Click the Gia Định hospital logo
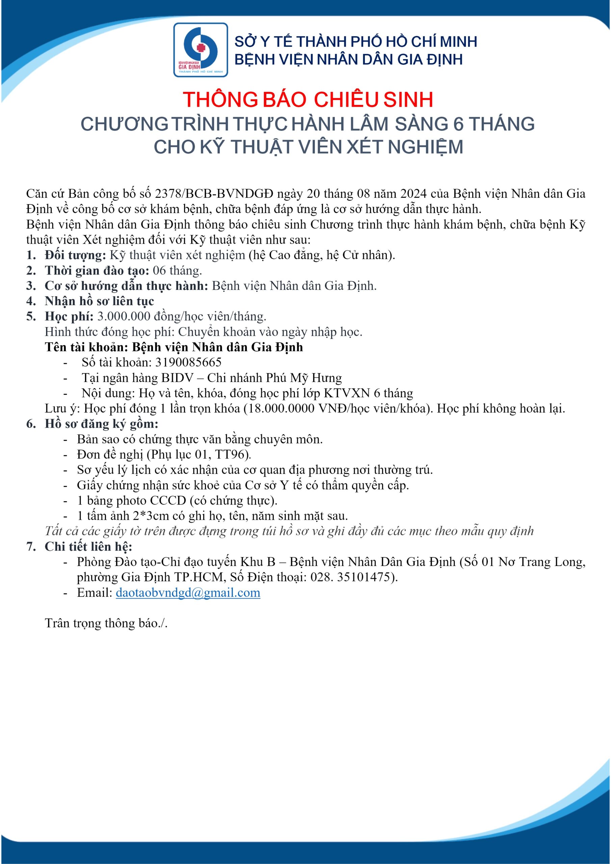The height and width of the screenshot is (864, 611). [200, 50]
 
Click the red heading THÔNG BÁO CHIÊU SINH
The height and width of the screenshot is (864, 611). [308, 100]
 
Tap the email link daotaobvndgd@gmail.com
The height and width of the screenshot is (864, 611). [188, 593]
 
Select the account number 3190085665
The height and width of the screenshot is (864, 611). [188, 362]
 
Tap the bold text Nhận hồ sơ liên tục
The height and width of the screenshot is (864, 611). [99, 301]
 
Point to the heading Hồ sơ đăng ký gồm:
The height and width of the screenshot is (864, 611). [101, 424]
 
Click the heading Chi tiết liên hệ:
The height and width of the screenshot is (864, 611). [88, 546]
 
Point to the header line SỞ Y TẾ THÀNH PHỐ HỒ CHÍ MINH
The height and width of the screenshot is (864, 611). [355, 42]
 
